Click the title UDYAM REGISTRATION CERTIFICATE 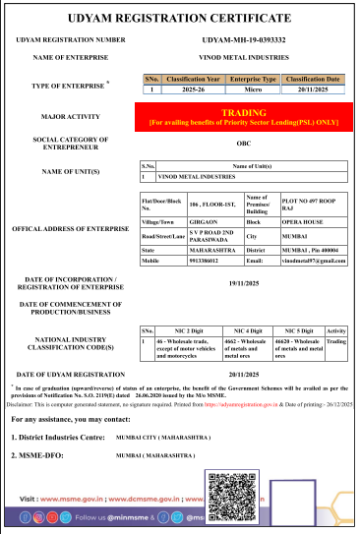(180, 19)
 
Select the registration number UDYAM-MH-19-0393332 (243, 39)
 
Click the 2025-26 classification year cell (195, 89)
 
